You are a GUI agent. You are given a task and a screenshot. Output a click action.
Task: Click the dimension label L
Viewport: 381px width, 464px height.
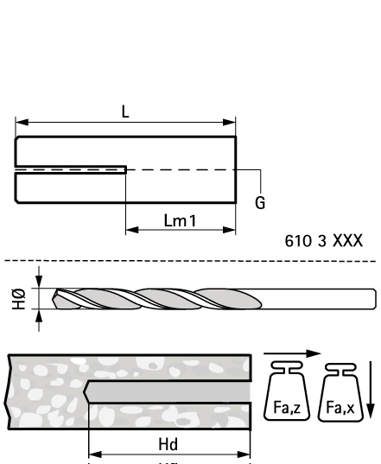tap(125, 111)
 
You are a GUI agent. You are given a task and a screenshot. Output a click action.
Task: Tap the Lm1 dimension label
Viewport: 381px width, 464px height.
tap(180, 220)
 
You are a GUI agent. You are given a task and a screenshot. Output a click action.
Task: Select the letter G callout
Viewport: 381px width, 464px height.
tap(260, 203)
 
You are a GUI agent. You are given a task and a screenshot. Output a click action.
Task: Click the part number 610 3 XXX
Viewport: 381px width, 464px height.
tap(323, 240)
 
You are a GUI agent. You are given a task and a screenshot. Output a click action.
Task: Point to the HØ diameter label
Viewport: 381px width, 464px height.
tap(18, 298)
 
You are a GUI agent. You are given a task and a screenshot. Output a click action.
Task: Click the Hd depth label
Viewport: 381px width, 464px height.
tap(168, 444)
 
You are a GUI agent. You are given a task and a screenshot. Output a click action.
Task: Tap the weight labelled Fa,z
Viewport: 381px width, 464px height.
tap(287, 391)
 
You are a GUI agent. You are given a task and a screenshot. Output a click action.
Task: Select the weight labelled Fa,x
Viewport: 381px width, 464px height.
tap(340, 392)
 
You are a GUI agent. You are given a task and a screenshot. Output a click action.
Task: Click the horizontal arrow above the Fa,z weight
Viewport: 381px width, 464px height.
tap(292, 353)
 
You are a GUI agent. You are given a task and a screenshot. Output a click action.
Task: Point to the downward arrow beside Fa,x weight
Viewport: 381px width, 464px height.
tap(371, 390)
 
